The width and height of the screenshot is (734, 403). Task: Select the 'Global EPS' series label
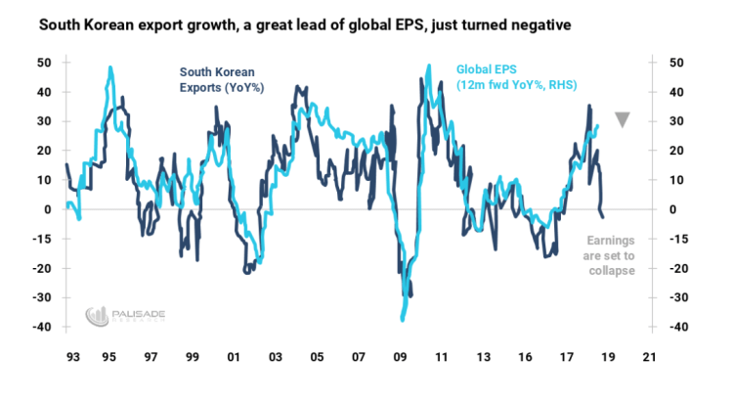click(x=506, y=78)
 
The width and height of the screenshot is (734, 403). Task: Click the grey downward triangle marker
click(x=623, y=120)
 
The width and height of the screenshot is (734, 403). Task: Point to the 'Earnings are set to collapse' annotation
click(x=610, y=256)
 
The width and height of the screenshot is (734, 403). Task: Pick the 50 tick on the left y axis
click(x=45, y=63)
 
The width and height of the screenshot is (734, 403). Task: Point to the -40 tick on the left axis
click(x=42, y=328)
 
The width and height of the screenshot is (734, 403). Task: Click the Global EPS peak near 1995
click(x=109, y=68)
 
